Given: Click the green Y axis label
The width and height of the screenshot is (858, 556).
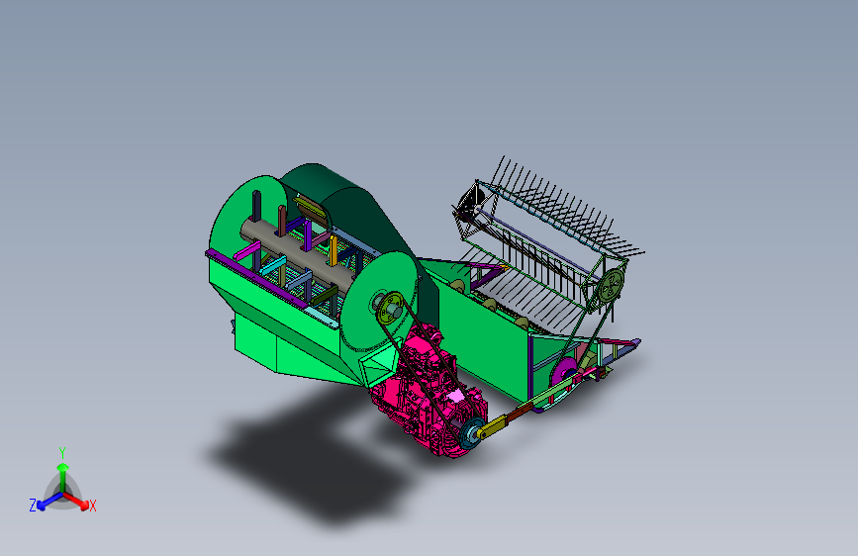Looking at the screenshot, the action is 62,453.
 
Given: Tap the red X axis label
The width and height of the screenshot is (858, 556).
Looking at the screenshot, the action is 92,507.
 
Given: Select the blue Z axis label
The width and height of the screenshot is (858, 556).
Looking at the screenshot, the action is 33,506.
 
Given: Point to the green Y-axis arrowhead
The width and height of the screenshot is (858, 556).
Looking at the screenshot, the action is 63,467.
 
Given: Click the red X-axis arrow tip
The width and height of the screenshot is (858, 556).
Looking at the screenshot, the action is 84,506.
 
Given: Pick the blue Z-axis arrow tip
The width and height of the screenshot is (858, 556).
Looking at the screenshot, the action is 42,507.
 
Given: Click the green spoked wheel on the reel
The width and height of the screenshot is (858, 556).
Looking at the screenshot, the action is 611,285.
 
